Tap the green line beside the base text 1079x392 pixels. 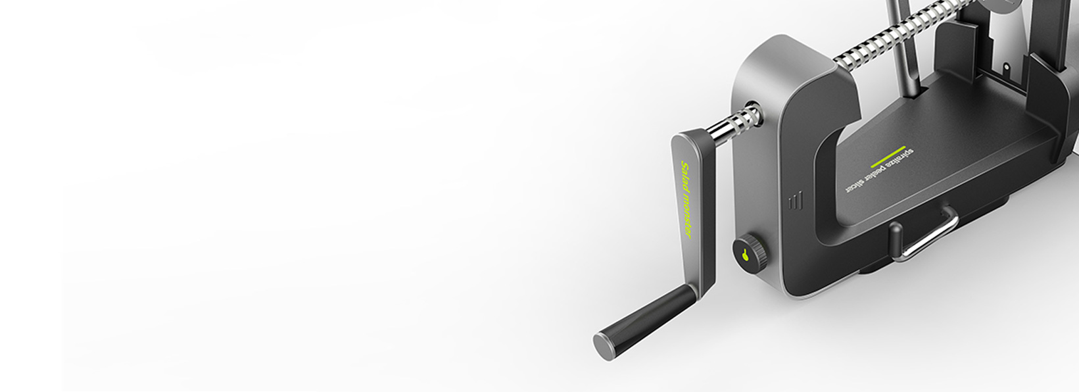coord(888,157)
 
